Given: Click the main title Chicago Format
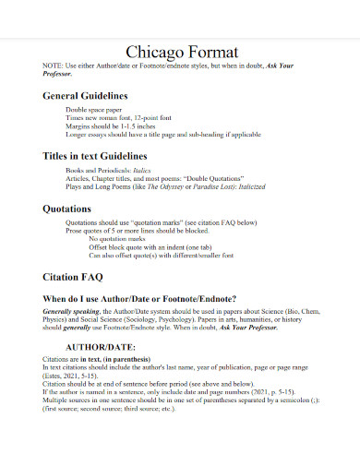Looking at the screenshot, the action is [180, 52].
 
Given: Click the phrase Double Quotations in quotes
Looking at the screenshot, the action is [216, 179].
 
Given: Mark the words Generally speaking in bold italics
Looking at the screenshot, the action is [68, 311].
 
